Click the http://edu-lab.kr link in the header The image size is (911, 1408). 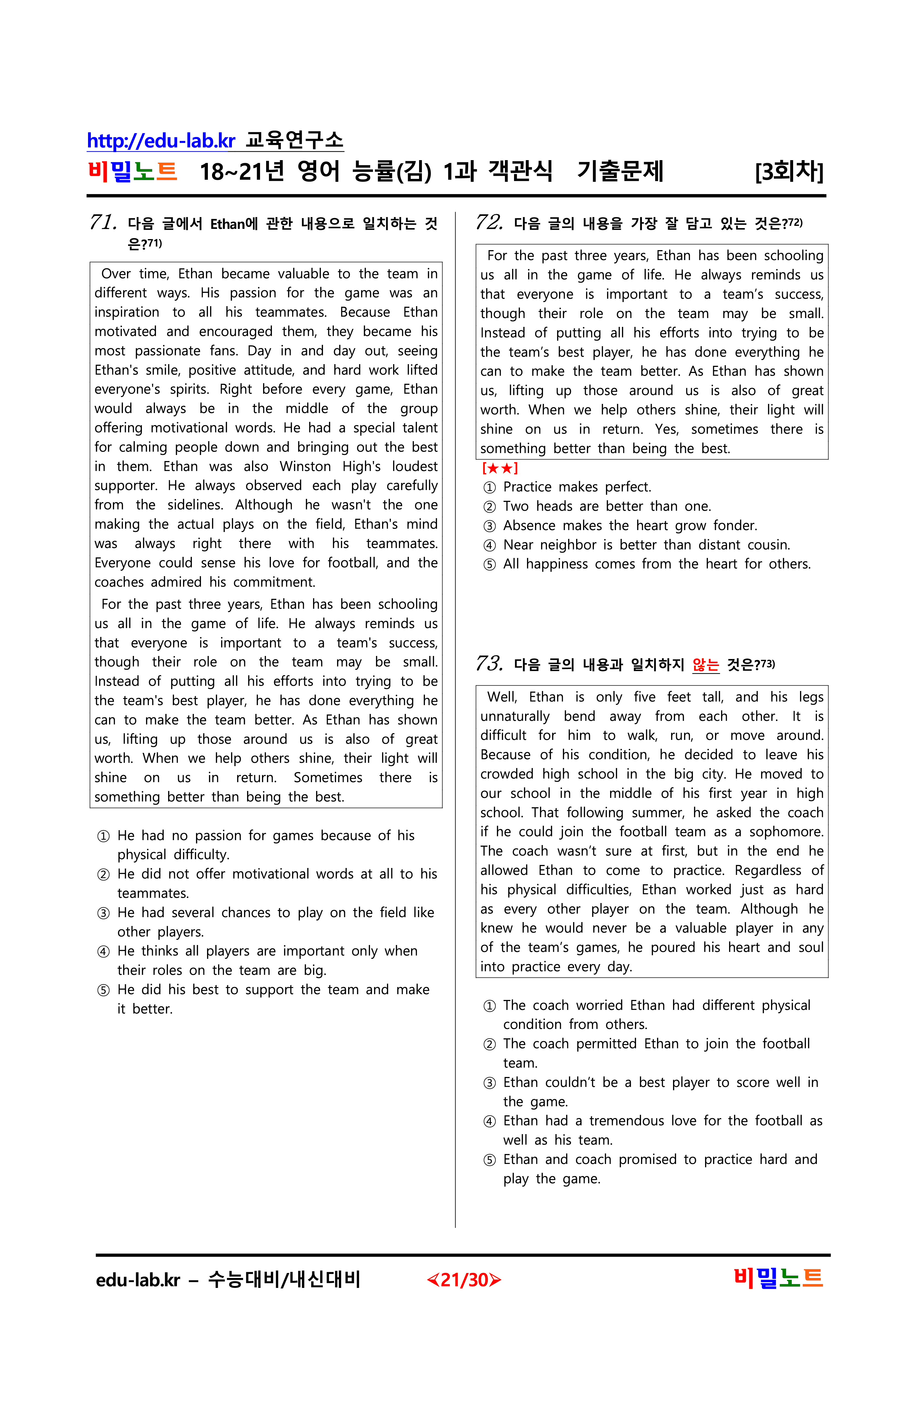pyautogui.click(x=161, y=141)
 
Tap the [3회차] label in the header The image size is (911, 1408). pyautogui.click(x=788, y=171)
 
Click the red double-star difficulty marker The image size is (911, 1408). pyautogui.click(x=500, y=469)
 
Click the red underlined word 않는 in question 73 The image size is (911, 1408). pyautogui.click(x=706, y=665)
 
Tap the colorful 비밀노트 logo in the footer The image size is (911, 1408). pyautogui.click(x=778, y=1278)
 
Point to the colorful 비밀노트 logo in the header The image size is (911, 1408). pyautogui.click(x=133, y=171)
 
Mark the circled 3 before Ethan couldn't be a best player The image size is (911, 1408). pyautogui.click(x=490, y=1083)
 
